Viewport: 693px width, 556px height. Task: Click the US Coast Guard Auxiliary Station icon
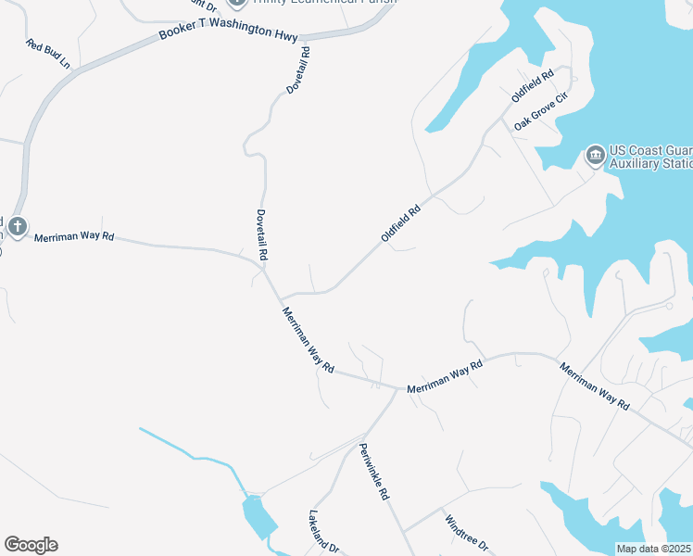(x=595, y=153)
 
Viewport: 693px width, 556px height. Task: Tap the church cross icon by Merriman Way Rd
(x=17, y=225)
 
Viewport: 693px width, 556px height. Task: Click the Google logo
(x=31, y=545)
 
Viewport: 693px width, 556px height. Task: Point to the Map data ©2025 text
(x=654, y=550)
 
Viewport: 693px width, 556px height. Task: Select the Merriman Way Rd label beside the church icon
(x=74, y=237)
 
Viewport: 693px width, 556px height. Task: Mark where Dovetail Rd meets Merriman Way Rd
(x=265, y=271)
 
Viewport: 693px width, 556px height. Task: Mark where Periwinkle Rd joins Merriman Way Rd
(x=397, y=390)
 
